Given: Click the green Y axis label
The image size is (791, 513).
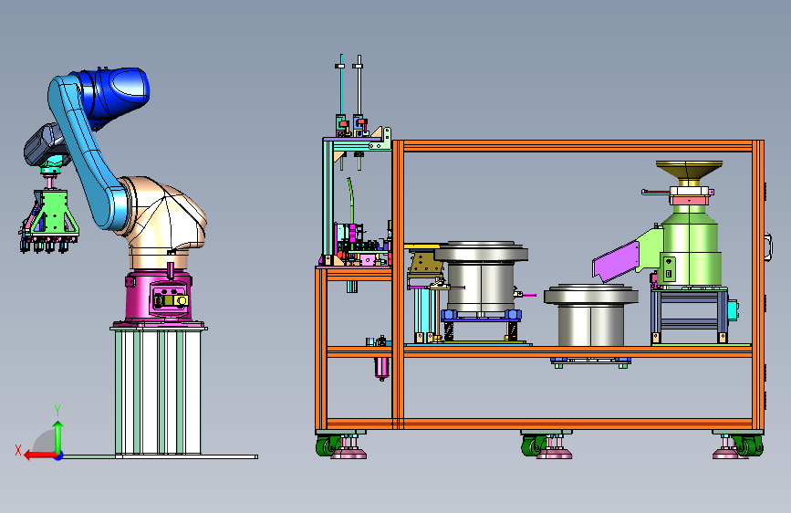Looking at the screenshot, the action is tap(57, 411).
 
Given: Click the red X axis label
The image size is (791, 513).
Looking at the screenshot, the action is tap(18, 450).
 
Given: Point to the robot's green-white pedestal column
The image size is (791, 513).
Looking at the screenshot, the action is tap(158, 392).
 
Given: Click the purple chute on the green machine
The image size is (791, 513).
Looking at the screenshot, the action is tap(616, 261).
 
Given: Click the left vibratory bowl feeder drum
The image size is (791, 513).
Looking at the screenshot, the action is tap(481, 277).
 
